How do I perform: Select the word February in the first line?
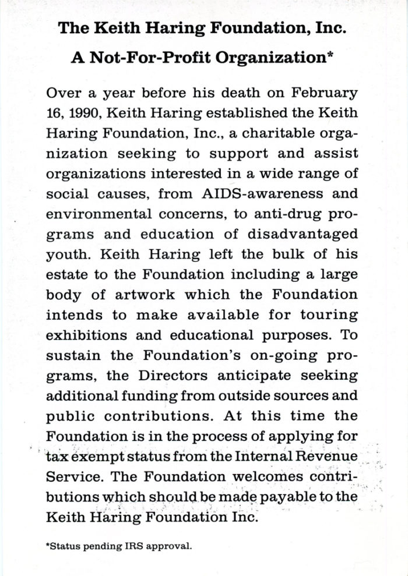click(x=325, y=94)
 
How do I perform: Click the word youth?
click(x=64, y=255)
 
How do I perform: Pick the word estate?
click(x=65, y=274)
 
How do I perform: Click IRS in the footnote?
click(x=127, y=546)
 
